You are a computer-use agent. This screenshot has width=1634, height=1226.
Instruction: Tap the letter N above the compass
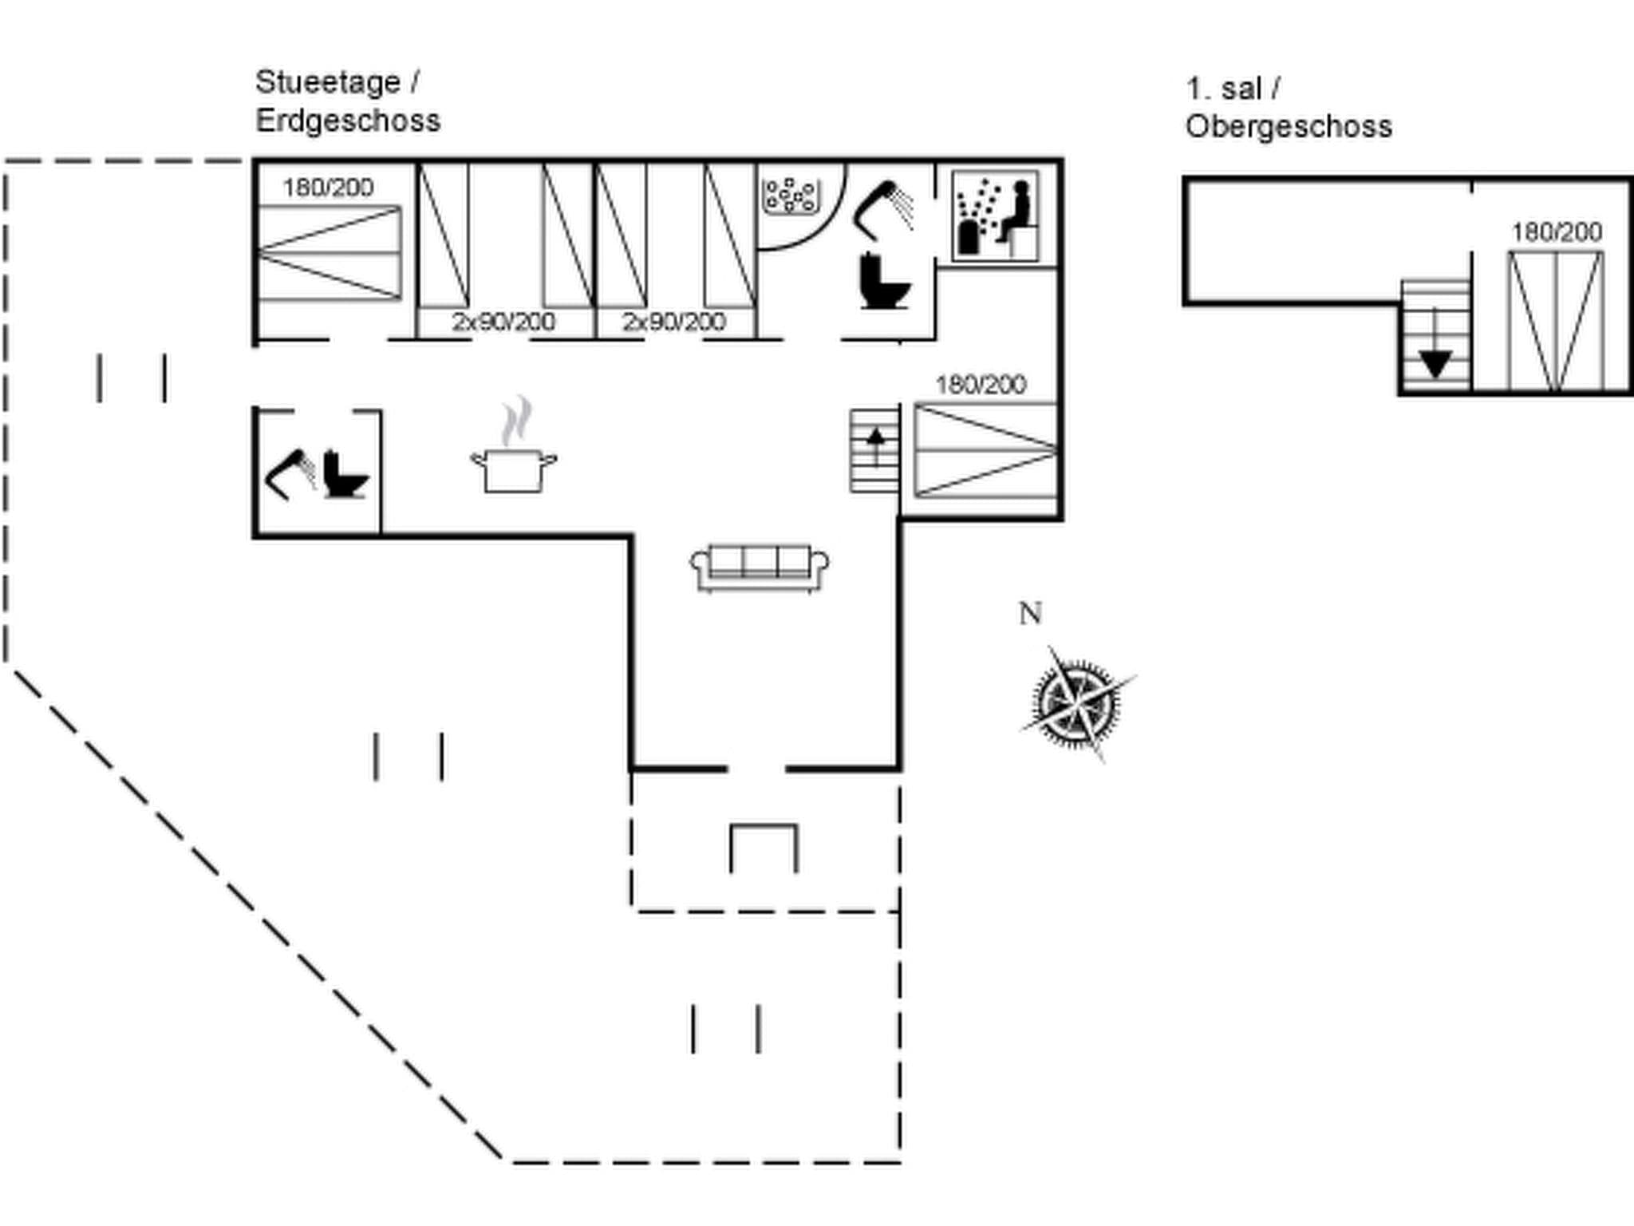pyautogui.click(x=1030, y=614)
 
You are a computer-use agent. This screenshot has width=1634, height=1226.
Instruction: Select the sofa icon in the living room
pyautogui.click(x=759, y=568)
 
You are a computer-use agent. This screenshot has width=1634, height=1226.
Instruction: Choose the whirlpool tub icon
pyautogui.click(x=790, y=196)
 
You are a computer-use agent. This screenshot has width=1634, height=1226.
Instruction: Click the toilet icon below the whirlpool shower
pyautogui.click(x=884, y=281)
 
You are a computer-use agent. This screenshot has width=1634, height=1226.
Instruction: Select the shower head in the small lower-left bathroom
pyautogui.click(x=289, y=474)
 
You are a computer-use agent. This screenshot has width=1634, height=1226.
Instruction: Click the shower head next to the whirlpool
pyautogui.click(x=884, y=207)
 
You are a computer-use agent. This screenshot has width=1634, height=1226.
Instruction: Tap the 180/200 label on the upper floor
pyautogui.click(x=1557, y=232)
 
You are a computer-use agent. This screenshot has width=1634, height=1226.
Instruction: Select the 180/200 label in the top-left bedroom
pyautogui.click(x=328, y=188)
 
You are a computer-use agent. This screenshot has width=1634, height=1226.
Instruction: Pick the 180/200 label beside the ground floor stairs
pyautogui.click(x=981, y=385)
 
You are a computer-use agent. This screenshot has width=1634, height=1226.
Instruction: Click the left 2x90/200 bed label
pyautogui.click(x=503, y=322)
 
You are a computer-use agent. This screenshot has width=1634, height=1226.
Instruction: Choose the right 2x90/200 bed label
pyautogui.click(x=674, y=322)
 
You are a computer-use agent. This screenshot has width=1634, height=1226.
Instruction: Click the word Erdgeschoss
pyautogui.click(x=348, y=121)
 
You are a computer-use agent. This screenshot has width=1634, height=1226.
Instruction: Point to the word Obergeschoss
pyautogui.click(x=1289, y=127)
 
